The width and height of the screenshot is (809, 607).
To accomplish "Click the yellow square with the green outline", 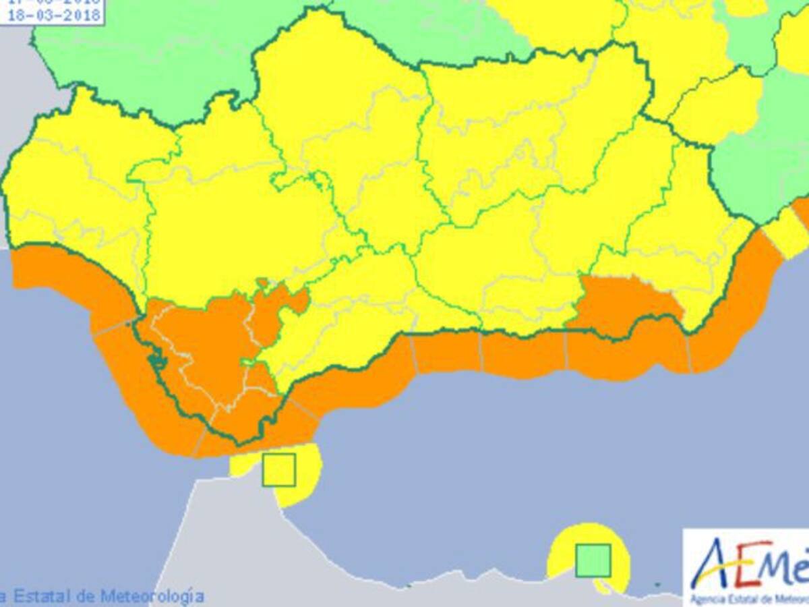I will (x=278, y=469).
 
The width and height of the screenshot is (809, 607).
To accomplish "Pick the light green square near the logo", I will (x=593, y=560).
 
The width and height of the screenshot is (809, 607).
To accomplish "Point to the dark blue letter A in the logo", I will (x=710, y=567).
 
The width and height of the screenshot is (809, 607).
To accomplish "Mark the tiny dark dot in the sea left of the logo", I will (x=657, y=584).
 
